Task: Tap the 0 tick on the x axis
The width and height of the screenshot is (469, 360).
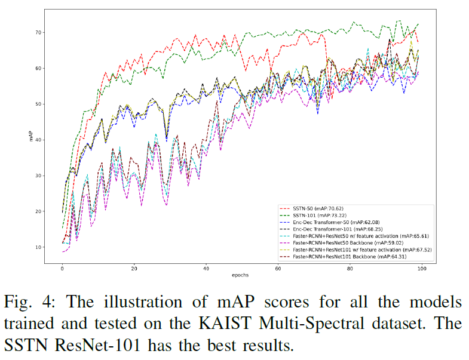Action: [62, 268]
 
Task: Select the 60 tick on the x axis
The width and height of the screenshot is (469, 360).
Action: [278, 268]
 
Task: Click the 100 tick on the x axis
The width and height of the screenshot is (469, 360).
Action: [421, 268]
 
